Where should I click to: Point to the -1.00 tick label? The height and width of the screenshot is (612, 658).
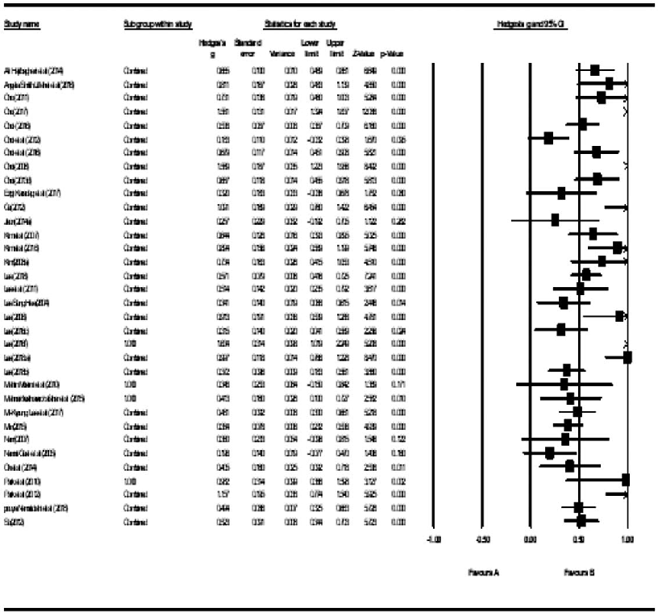433,539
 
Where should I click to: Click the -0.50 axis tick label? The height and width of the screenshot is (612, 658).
481,539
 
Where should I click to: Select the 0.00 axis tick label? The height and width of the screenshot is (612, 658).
531,539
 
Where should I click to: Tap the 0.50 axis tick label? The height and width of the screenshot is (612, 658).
579,539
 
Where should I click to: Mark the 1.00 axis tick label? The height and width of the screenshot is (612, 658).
627,539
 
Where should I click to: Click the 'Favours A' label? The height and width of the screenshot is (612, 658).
484,572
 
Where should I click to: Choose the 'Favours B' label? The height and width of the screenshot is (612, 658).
579,572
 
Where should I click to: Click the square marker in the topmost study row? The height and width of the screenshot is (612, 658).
594,70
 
